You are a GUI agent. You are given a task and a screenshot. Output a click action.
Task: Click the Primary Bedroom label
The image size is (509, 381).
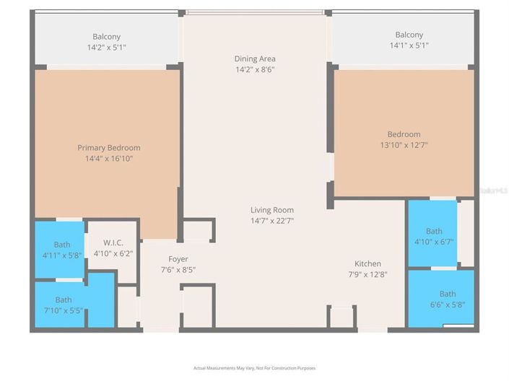pyautogui.click(x=109, y=148)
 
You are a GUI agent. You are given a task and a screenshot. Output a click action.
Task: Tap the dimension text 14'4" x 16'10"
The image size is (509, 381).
pyautogui.click(x=109, y=159)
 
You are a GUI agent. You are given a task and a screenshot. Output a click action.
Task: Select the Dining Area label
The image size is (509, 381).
pyautogui.click(x=255, y=58)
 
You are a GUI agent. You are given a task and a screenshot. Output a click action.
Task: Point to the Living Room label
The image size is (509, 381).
pyautogui.click(x=271, y=210)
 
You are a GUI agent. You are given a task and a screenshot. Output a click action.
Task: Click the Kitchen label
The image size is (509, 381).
pyautogui.click(x=367, y=263)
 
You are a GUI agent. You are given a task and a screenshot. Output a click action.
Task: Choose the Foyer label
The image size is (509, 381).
pyautogui.click(x=178, y=259)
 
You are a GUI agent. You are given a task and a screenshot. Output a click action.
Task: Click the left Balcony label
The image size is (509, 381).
pyautogui.click(x=106, y=37)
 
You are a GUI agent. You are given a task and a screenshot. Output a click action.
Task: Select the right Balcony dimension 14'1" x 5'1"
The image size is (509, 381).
pyautogui.click(x=409, y=45)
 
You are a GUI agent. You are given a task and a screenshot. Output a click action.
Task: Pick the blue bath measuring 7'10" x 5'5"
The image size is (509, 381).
pyautogui.click(x=64, y=305)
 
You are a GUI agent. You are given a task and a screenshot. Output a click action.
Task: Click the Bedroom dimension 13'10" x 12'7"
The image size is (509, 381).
pyautogui.click(x=404, y=144)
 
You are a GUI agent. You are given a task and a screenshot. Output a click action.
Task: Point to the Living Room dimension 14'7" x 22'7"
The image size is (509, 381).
pyautogui.click(x=271, y=221)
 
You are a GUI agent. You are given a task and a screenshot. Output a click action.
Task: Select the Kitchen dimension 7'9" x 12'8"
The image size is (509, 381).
pyautogui.click(x=367, y=274)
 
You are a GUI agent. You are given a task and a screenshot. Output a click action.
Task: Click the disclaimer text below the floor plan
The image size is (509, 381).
pyautogui.click(x=254, y=368)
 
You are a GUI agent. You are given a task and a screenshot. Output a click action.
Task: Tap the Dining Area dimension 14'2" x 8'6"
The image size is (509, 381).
pyautogui.click(x=255, y=69)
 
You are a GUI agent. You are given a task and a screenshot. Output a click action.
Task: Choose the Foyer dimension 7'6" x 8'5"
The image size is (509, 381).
pyautogui.click(x=178, y=269)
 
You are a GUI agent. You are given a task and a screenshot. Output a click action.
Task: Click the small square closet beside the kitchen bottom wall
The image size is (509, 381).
pyautogui.click(x=341, y=317)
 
